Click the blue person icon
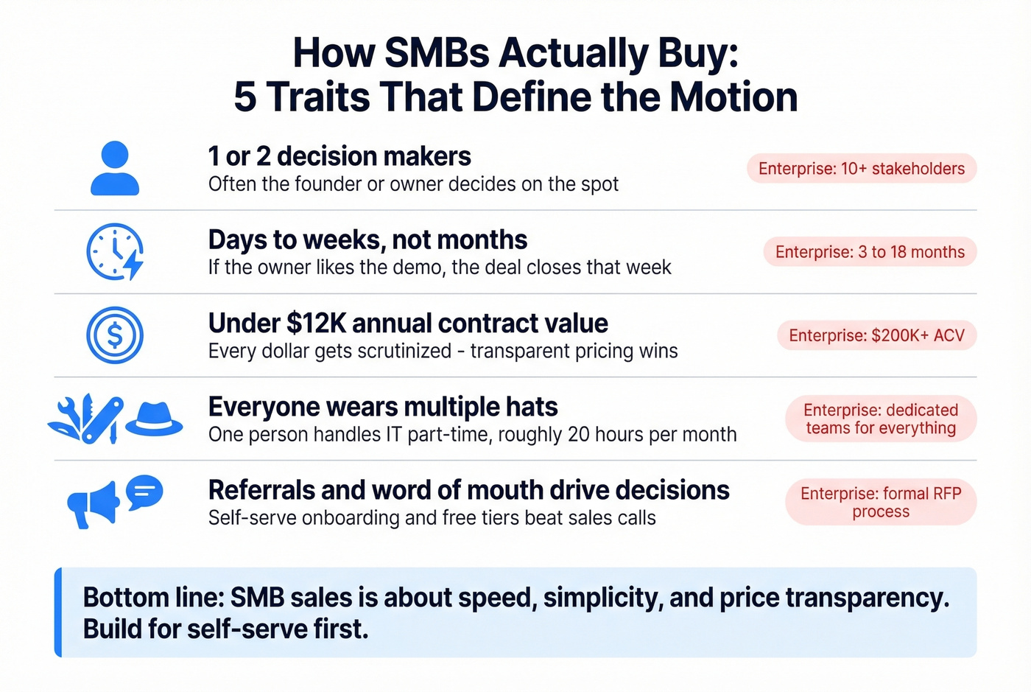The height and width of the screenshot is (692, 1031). click(115, 169)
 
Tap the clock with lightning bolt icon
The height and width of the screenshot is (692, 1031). click(115, 252)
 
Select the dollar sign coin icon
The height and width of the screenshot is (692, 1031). click(115, 335)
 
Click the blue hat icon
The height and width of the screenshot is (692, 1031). click(154, 419)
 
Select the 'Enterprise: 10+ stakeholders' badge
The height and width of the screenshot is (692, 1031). click(861, 169)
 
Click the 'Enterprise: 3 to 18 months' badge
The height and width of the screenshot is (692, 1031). click(870, 252)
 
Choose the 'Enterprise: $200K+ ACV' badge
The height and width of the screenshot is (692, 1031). click(876, 335)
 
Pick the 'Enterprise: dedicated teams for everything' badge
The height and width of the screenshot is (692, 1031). click(881, 419)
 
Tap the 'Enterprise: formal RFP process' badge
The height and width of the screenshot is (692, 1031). click(881, 502)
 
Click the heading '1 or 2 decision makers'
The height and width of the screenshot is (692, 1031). click(339, 156)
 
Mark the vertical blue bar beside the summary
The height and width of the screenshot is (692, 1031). click(58, 612)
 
